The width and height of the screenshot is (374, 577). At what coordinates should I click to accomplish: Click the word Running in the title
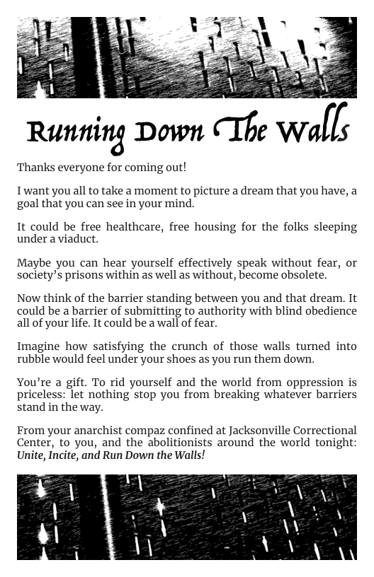(69, 133)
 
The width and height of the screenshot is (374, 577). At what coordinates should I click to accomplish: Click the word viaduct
(78, 239)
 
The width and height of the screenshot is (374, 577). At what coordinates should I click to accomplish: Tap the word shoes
(189, 359)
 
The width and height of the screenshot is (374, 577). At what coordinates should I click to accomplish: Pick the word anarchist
(96, 431)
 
